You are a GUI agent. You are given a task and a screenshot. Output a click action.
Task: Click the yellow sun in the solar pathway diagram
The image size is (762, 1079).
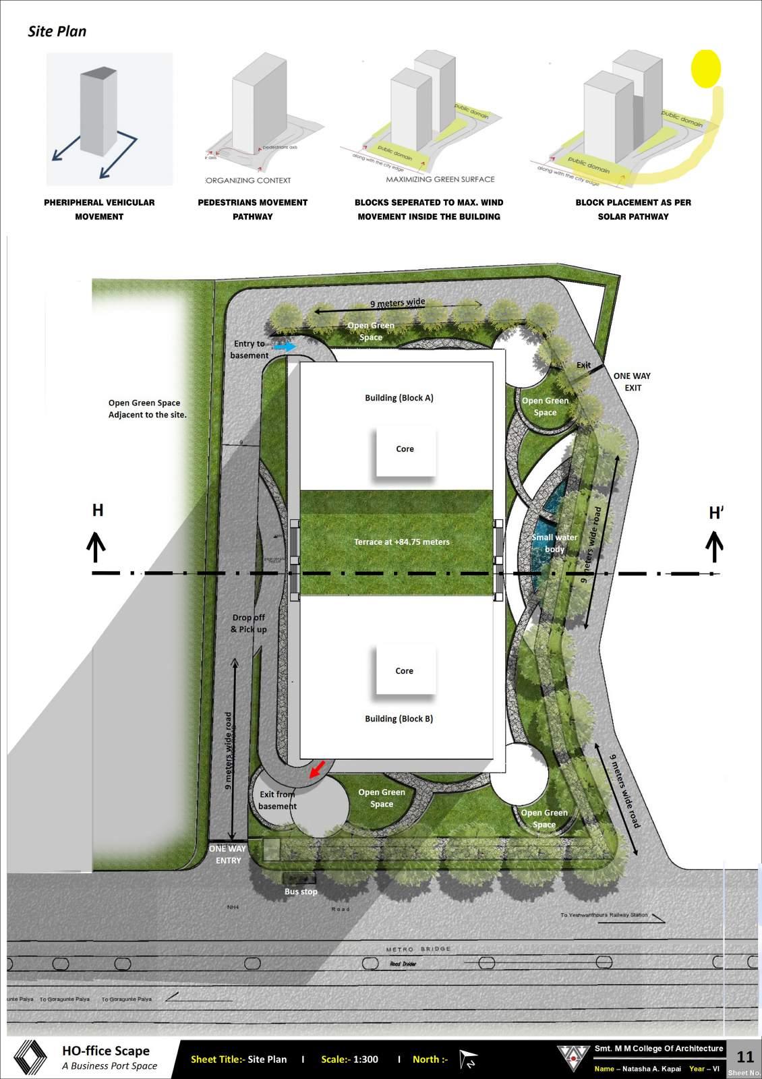point(706,68)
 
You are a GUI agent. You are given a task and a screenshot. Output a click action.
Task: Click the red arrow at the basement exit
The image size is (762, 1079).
point(317,769)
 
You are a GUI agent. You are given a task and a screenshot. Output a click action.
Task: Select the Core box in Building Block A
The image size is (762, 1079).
point(405,449)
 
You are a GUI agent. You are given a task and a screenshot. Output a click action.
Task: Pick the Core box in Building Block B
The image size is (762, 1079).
point(405,671)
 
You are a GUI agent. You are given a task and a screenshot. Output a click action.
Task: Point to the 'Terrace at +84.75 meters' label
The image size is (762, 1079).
point(401,542)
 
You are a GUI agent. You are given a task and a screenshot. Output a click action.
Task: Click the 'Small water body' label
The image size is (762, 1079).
point(554,543)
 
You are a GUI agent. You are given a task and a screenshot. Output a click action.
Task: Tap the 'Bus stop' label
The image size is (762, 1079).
point(301,892)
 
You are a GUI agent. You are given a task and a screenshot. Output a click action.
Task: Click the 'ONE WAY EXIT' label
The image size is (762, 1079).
point(632,382)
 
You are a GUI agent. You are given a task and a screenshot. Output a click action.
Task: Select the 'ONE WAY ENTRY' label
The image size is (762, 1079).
point(228,854)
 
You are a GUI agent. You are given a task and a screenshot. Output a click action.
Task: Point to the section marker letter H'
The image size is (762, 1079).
point(715,514)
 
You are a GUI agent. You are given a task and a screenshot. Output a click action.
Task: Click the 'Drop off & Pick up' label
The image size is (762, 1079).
point(249,623)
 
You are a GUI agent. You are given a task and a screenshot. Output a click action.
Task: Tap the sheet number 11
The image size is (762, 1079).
point(745,1057)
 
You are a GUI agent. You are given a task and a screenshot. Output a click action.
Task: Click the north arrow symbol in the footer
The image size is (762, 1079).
point(467,1059)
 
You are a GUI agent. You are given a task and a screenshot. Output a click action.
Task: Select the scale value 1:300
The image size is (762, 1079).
point(365,1059)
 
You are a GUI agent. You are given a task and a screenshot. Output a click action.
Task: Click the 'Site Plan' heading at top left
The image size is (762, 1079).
point(57,31)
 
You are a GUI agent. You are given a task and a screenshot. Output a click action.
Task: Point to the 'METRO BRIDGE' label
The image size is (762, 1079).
point(418,949)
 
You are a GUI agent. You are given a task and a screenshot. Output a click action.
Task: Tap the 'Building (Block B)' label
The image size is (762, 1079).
point(399,719)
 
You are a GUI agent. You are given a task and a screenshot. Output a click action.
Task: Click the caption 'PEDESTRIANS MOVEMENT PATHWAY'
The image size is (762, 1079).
point(252,209)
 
